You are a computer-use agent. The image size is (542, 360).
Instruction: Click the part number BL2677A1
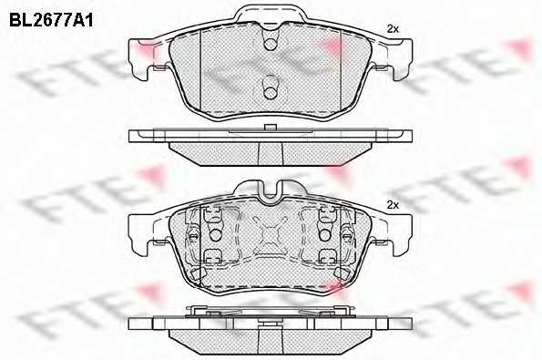pos(51,21)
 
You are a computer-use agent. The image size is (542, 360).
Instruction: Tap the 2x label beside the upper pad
pos(393,29)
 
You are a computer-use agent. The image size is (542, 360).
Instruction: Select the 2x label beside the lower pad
pos(393,205)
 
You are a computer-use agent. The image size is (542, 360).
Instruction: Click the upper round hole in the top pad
pos(270,44)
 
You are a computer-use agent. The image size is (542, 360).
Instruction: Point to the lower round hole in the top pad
pos(270,93)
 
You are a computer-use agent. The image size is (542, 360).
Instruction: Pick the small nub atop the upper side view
pos(270,128)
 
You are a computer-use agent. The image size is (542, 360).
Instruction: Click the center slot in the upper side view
pos(271,153)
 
